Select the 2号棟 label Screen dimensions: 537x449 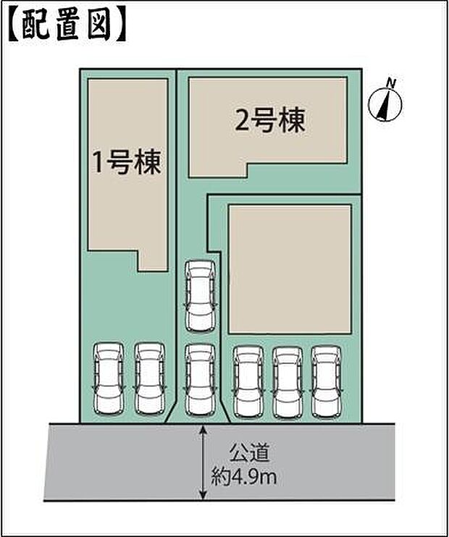coord(269,121)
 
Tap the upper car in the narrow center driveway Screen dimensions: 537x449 coord(200,296)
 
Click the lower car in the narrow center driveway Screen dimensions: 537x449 coord(200,379)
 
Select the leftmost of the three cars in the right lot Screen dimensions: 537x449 coord(247,381)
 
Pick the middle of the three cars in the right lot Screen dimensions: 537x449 coord(287,381)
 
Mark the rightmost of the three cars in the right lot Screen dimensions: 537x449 coord(326,381)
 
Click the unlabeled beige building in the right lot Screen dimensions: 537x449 coord(290,268)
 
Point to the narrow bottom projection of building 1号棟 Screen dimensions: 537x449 coord(154,258)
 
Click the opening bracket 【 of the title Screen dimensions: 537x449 coord(14,24)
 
